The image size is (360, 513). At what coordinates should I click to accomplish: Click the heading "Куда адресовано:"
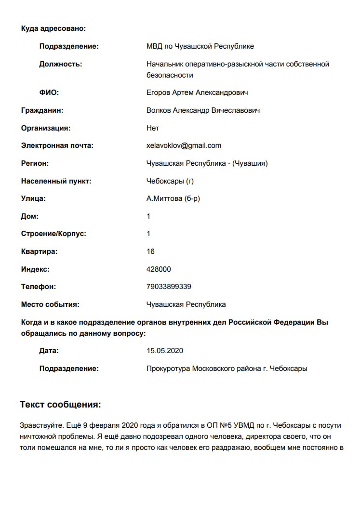coord(53,28)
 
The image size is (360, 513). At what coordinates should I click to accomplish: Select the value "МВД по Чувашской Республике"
coord(200,46)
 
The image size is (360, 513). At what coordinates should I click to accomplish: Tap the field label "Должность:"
coord(61,64)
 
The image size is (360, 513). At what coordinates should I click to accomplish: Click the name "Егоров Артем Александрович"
coord(197,92)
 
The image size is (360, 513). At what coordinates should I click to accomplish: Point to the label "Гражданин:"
coord(42,110)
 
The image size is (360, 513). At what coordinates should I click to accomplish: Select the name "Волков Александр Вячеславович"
coord(203,110)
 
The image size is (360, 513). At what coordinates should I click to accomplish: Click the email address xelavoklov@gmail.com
coord(184,145)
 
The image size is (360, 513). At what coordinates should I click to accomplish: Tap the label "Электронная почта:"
coord(57,145)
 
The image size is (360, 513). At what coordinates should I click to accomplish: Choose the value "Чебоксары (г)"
coord(170,181)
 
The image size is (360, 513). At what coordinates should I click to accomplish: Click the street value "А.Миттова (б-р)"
coord(173,198)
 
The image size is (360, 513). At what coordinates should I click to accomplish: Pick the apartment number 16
coord(150,251)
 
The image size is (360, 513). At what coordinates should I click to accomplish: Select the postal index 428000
coord(159,269)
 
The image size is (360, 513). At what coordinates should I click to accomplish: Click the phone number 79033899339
coord(169,287)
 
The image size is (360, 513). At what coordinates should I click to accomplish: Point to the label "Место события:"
coord(50,304)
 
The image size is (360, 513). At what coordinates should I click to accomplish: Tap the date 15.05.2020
coord(165,351)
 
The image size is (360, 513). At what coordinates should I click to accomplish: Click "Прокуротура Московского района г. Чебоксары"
coord(227,368)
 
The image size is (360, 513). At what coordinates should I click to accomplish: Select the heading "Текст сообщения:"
coord(60,405)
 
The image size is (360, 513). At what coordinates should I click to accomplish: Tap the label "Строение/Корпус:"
coord(53,234)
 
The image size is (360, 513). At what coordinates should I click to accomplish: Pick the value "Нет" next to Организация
coord(153,128)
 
